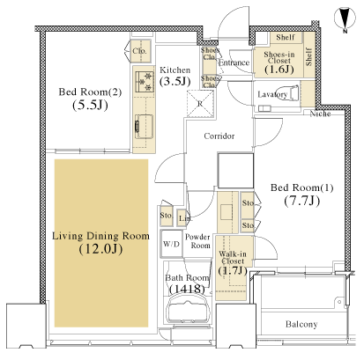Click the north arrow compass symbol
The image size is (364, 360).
pyautogui.click(x=345, y=19)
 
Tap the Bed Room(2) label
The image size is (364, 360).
pyautogui.click(x=90, y=92)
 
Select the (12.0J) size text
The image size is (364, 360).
pyautogui.click(x=100, y=249)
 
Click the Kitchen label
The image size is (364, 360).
pyautogui.click(x=175, y=70)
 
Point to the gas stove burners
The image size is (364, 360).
pyautogui.click(x=145, y=82)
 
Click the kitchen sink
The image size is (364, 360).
pyautogui.click(x=144, y=127)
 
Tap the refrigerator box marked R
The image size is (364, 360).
pyautogui.click(x=200, y=104)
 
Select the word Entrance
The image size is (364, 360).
pyautogui.click(x=234, y=62)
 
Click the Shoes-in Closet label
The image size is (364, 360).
pyautogui.click(x=279, y=57)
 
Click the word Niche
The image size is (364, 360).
pyautogui.click(x=320, y=114)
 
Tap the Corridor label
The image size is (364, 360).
pyautogui.click(x=219, y=136)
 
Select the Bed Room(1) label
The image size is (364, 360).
pyautogui.click(x=302, y=187)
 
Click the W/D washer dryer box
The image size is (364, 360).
pyautogui.click(x=172, y=244)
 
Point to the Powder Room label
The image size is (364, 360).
pyautogui.click(x=197, y=241)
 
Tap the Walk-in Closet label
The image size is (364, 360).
pyautogui.click(x=233, y=258)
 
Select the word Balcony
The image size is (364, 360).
pyautogui.click(x=301, y=324)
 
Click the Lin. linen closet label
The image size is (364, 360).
pyautogui.click(x=186, y=218)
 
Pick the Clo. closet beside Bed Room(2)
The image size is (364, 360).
pyautogui.click(x=139, y=51)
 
